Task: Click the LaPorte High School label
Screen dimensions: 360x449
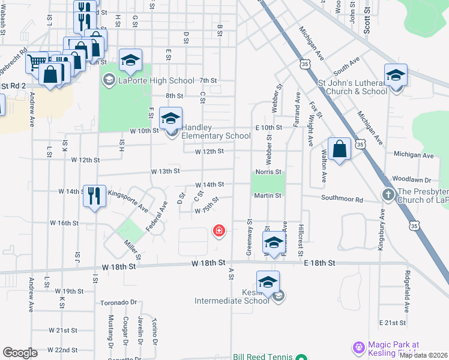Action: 156,80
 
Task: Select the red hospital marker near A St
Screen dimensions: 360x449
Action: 219,230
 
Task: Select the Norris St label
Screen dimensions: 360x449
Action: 268,172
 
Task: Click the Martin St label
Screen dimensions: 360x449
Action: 267,196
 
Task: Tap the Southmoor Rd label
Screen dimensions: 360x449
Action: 342,199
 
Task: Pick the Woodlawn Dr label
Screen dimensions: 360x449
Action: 411,179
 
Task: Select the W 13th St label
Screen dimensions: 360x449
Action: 165,171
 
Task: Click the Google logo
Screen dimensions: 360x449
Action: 20,353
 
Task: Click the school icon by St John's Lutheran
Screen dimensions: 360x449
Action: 396,76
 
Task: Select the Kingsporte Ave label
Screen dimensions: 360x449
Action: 127,202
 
